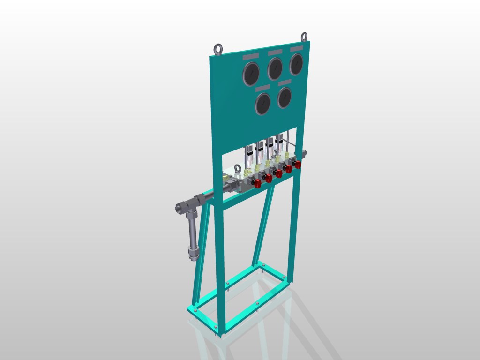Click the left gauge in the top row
point(251,74)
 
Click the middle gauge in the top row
point(275,69)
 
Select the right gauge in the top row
point(296,64)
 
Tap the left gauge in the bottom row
point(263,103)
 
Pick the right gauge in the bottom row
point(285,97)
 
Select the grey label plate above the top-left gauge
point(250,56)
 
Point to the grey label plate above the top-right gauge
point(296,48)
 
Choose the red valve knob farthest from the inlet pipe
point(297,164)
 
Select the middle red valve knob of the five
point(278,173)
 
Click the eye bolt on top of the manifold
point(238,169)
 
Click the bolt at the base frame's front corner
point(216,326)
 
